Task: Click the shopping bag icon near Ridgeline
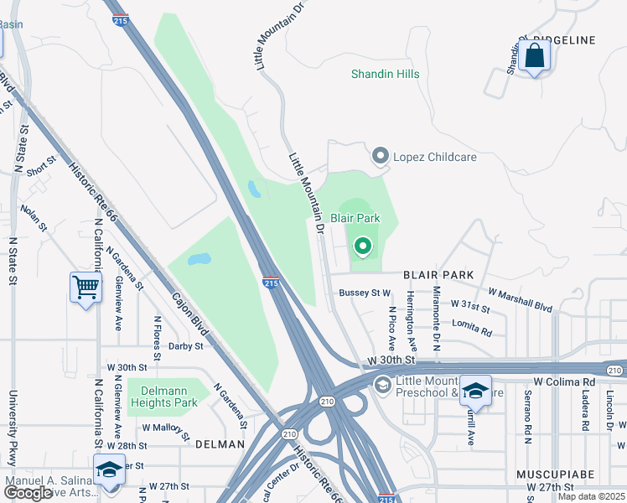pos(533,57)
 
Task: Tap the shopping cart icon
pos(85,288)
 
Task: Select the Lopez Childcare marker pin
pos(381,157)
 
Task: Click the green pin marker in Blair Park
pos(363,246)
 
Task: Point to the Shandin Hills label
pos(385,74)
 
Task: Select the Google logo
pos(28,493)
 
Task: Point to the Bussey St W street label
pos(365,293)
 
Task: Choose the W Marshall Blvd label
pos(519,300)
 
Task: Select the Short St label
pos(40,167)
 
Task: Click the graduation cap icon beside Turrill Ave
pos(475,391)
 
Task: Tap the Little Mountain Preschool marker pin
pos(382,385)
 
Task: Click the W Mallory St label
pos(168,427)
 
